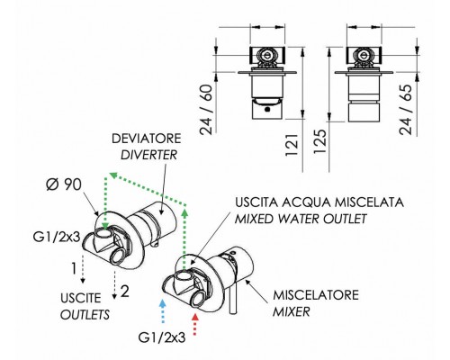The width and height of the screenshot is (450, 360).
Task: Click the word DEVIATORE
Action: [x=147, y=139]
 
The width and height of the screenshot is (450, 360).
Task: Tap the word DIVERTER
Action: [x=148, y=155]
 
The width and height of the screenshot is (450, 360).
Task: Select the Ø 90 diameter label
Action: [x=64, y=184]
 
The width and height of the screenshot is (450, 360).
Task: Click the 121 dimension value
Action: [x=292, y=145]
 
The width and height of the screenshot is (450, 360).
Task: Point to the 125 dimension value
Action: [x=319, y=141]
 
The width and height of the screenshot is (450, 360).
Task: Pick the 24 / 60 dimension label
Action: [x=206, y=110]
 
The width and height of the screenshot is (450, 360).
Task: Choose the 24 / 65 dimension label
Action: [x=406, y=110]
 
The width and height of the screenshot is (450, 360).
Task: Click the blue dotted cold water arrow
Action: [x=162, y=310]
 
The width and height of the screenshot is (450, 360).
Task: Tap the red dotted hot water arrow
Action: [x=195, y=324]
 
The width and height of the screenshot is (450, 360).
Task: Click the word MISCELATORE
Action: [x=316, y=295]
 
